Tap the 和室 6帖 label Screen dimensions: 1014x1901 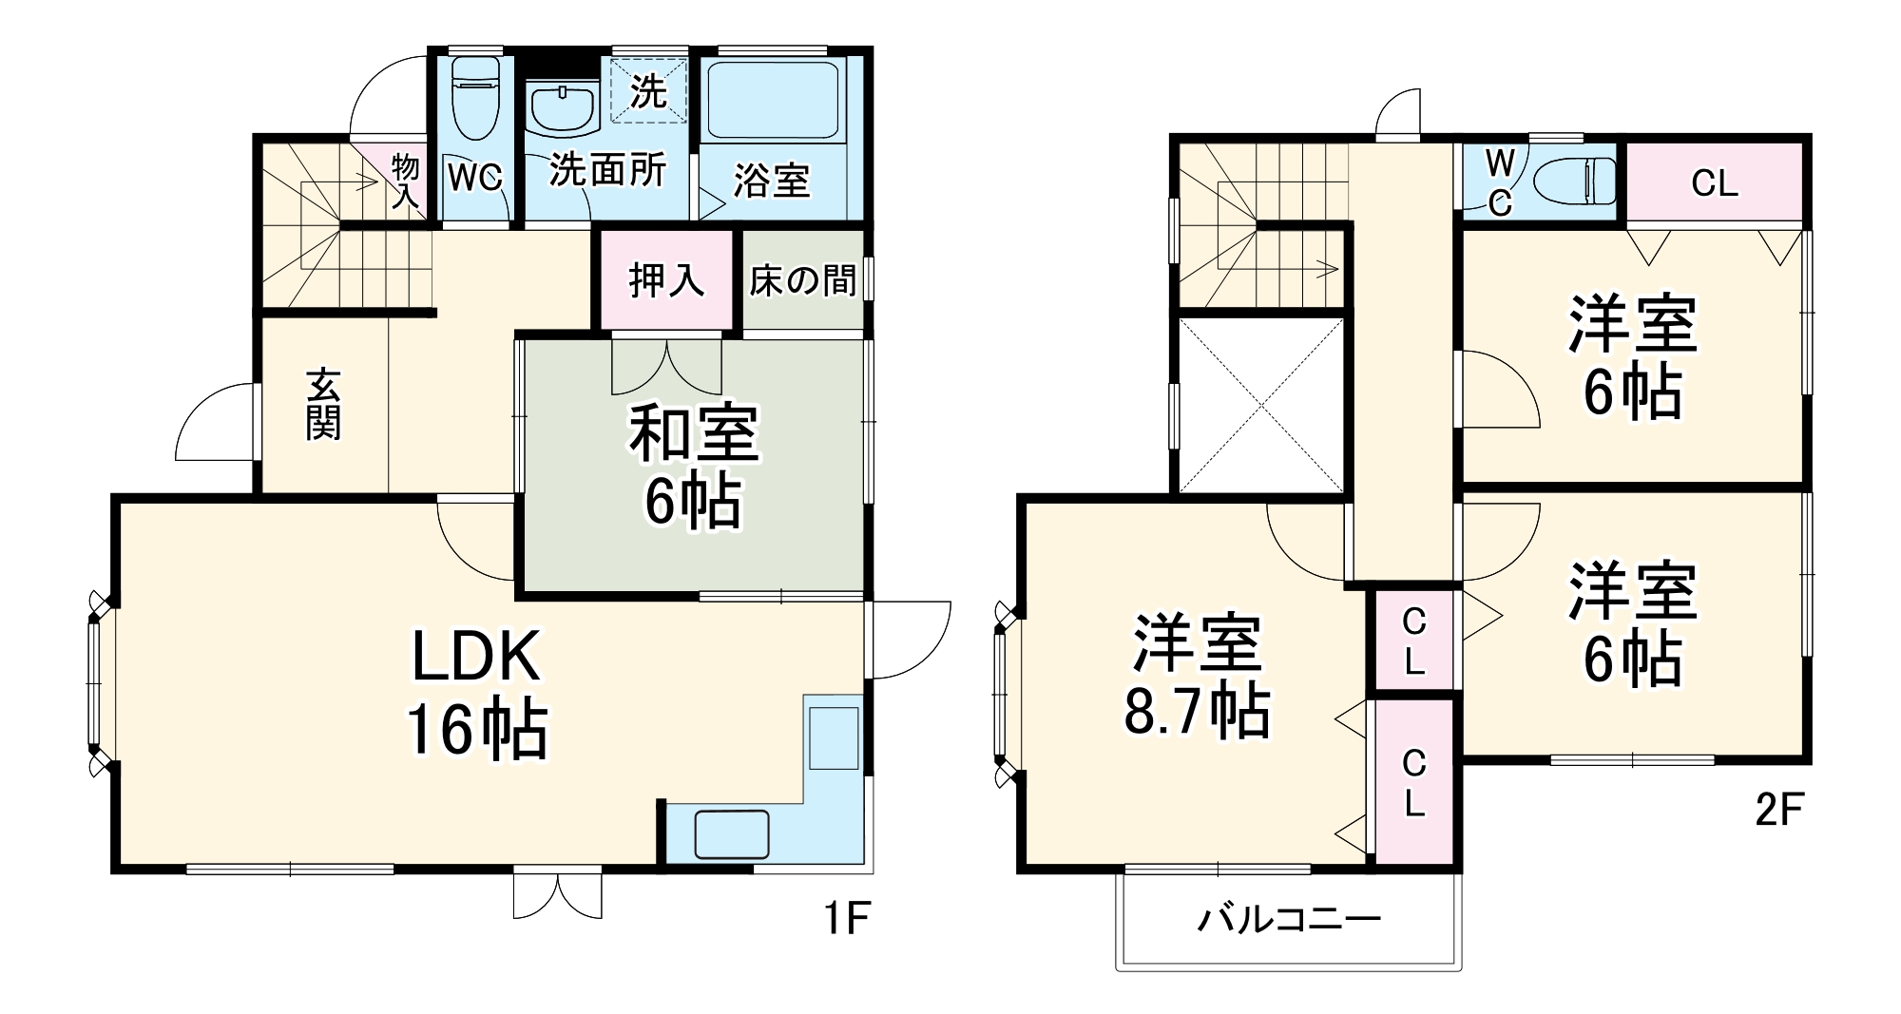pyautogui.click(x=693, y=466)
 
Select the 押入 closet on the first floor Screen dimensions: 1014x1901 pyautogui.click(x=666, y=280)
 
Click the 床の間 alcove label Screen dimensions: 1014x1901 pyautogui.click(x=802, y=280)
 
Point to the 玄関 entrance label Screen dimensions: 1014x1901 pyautogui.click(x=323, y=405)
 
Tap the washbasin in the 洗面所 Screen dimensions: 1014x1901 pyautogui.click(x=563, y=110)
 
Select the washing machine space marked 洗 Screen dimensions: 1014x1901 pyautogui.click(x=649, y=91)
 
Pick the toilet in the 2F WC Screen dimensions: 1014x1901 pyautogui.click(x=1574, y=181)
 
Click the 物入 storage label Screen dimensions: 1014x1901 pyautogui.click(x=406, y=181)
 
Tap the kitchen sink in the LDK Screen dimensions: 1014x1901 pyautogui.click(x=731, y=834)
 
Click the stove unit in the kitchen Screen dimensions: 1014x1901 pyautogui.click(x=834, y=737)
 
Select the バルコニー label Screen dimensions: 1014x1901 pyautogui.click(x=1288, y=919)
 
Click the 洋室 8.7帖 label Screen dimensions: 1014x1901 pyautogui.click(x=1197, y=677)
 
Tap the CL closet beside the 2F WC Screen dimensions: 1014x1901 pyautogui.click(x=1715, y=182)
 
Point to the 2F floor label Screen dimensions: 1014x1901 pyautogui.click(x=1777, y=810)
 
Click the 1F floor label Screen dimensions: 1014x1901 pyautogui.click(x=846, y=919)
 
